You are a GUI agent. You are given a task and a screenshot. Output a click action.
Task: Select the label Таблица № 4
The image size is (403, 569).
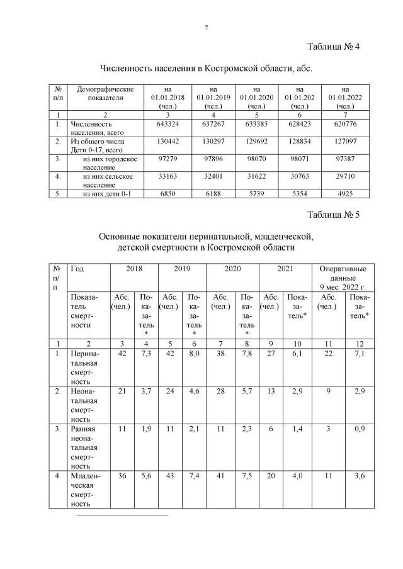[x=333, y=47]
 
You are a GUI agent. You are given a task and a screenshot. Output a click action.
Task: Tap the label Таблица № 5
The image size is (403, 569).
[x=333, y=215]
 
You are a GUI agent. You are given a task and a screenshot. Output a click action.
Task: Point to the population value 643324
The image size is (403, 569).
[x=168, y=124]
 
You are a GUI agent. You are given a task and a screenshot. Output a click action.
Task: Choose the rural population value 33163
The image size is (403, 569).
[x=168, y=177]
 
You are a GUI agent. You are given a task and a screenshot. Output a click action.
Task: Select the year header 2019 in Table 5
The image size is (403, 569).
[x=181, y=269]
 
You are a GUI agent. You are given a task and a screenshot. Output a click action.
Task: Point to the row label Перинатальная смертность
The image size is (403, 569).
[x=84, y=367]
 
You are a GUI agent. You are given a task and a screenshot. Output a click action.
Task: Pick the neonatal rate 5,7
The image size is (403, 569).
[x=247, y=392]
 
